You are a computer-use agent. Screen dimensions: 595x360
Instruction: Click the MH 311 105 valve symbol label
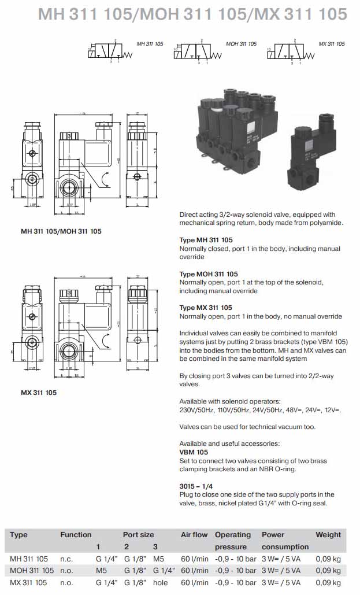point(150,44)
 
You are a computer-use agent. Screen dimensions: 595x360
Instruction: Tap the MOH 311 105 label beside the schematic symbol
point(241,44)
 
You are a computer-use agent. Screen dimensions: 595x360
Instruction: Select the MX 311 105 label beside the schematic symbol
point(332,44)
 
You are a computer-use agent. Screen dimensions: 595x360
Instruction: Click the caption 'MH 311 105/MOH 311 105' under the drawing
point(61,231)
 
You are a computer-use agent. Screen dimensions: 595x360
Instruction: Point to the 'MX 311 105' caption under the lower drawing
point(39,393)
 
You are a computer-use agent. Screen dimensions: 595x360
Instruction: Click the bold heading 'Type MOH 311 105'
point(209,274)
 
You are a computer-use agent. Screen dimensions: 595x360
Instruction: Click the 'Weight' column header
point(328,535)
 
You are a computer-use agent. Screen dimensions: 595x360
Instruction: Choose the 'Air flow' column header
point(194,535)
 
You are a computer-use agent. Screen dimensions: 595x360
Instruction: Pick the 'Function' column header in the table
point(76,535)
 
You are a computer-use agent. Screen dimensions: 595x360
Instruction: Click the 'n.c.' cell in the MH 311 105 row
point(66,559)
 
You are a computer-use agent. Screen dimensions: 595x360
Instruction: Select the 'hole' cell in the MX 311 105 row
point(160,582)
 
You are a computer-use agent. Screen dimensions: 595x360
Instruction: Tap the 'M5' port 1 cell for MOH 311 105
point(102,571)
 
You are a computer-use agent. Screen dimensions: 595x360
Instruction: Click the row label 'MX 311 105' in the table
point(29,582)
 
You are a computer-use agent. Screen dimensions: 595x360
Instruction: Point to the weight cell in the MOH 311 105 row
point(328,571)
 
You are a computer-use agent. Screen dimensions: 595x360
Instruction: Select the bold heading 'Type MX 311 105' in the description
point(206,308)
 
